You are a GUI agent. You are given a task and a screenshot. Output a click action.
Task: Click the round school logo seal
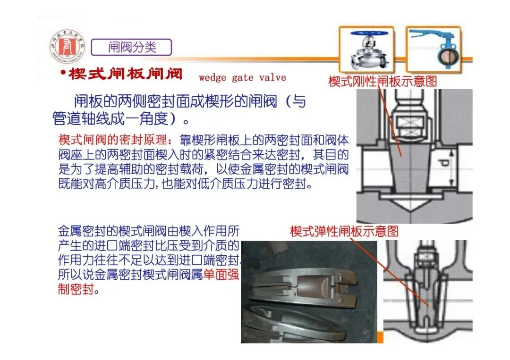tap(68, 47)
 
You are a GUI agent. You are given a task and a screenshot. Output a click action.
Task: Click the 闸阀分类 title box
tap(131, 48)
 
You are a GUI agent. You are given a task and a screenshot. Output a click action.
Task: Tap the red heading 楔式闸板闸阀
tap(126, 74)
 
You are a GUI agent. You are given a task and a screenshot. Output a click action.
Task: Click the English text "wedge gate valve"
tap(242, 78)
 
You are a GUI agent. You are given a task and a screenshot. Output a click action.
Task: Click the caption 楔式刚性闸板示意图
tap(382, 81)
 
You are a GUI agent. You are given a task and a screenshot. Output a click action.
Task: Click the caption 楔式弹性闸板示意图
tap(344, 231)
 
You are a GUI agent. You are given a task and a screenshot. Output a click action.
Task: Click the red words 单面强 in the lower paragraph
tap(221, 275)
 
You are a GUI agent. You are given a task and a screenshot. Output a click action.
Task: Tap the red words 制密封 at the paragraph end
tap(76, 289)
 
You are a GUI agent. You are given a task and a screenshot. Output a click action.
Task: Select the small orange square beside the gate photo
tap(380, 337)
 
